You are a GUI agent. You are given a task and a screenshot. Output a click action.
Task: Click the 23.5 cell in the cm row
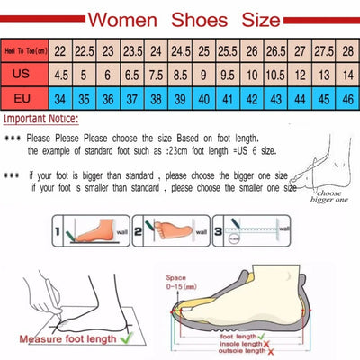[132, 51]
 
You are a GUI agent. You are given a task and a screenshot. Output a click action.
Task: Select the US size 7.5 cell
[156, 74]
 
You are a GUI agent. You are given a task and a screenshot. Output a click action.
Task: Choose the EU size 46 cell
[346, 96]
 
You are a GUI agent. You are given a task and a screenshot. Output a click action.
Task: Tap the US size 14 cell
[346, 74]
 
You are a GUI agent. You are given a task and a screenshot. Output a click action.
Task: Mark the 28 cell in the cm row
[346, 51]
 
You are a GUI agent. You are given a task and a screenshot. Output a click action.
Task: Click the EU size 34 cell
[60, 96]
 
